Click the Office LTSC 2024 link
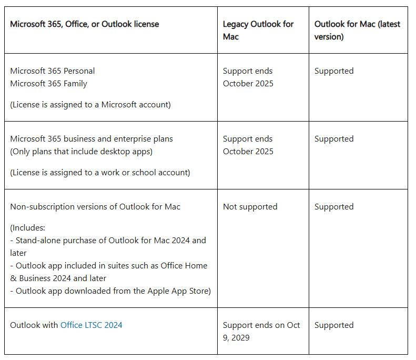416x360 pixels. coord(91,325)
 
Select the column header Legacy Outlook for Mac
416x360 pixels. coord(258,31)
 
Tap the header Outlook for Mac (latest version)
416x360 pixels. coord(357,31)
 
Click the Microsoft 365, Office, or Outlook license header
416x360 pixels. coord(84,24)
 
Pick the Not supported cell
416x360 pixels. coord(250,207)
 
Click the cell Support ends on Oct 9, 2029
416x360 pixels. coord(261,332)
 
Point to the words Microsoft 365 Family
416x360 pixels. coord(48,84)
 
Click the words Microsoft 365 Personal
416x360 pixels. coord(52,71)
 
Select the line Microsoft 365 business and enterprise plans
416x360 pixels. coord(91,139)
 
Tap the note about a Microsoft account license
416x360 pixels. coord(90,105)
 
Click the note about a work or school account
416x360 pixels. coord(100,173)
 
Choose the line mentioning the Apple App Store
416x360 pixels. coord(110,291)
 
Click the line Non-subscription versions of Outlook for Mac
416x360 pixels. coord(95,207)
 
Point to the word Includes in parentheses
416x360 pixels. coord(28,228)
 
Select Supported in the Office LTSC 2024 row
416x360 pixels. coord(334,325)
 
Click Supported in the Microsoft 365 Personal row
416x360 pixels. coord(334,71)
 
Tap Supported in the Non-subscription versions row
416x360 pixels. coord(334,207)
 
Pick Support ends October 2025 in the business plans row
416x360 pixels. coord(248,145)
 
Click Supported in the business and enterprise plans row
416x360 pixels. coord(334,139)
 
